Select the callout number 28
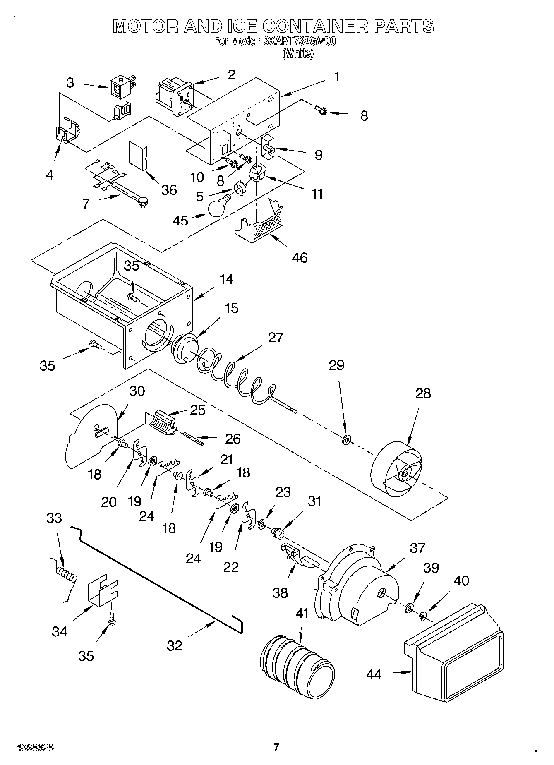pos(423,393)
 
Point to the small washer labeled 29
pos(346,438)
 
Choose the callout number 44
pos(374,674)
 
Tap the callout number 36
pos(169,190)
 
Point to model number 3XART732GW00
pos(297,41)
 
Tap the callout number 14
pos(226,279)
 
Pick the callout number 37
pos(417,548)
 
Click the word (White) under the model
pos(298,53)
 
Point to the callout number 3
pos(70,83)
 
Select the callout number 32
pos(175,645)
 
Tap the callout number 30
pos(137,391)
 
